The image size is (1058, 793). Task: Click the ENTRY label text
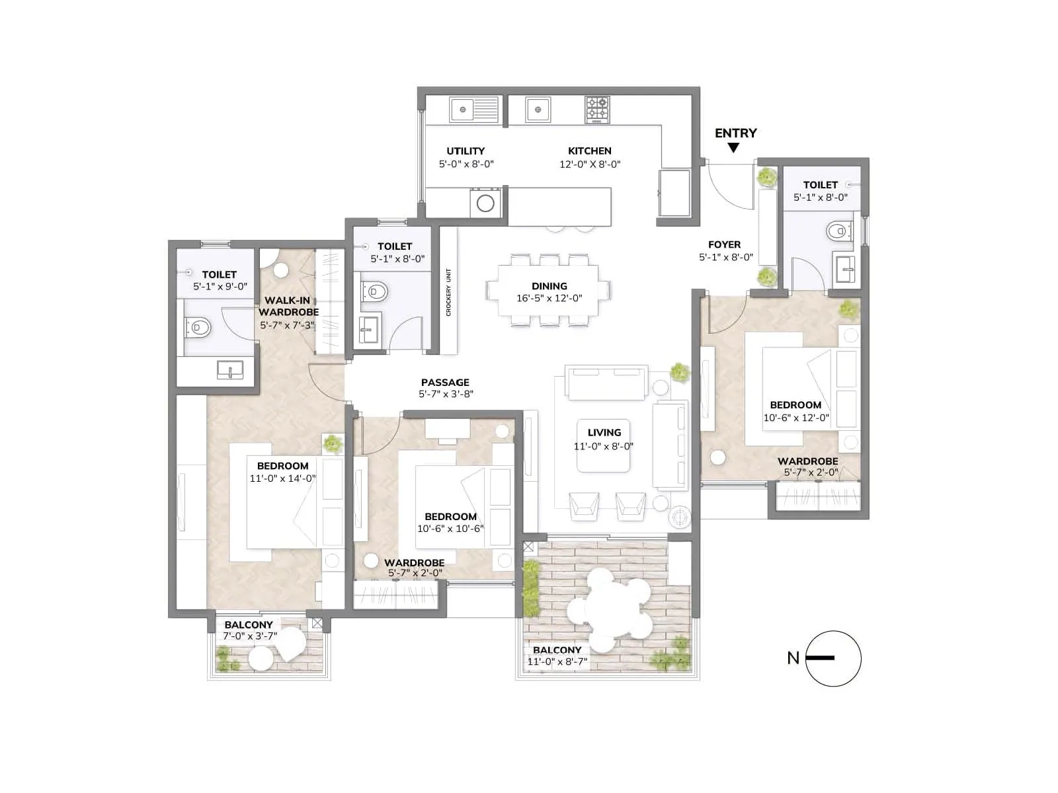click(735, 133)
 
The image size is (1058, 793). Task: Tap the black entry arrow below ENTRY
click(733, 148)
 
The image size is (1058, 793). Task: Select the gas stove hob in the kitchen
click(598, 110)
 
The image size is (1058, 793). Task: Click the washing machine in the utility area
click(485, 203)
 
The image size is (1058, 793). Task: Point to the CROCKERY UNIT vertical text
click(448, 291)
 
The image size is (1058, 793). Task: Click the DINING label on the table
click(549, 286)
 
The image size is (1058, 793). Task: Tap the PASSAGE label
click(445, 382)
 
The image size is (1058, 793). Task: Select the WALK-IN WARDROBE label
click(288, 306)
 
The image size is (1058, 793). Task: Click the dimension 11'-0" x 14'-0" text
click(282, 478)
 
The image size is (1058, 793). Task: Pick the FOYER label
click(724, 245)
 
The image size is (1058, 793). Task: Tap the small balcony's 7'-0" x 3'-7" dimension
click(249, 636)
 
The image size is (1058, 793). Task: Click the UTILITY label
click(466, 151)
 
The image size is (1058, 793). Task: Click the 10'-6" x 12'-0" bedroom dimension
click(795, 418)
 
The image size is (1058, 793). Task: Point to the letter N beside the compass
click(793, 658)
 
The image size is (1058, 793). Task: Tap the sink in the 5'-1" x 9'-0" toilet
click(229, 371)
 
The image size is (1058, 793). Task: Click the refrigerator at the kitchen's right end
click(674, 192)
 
